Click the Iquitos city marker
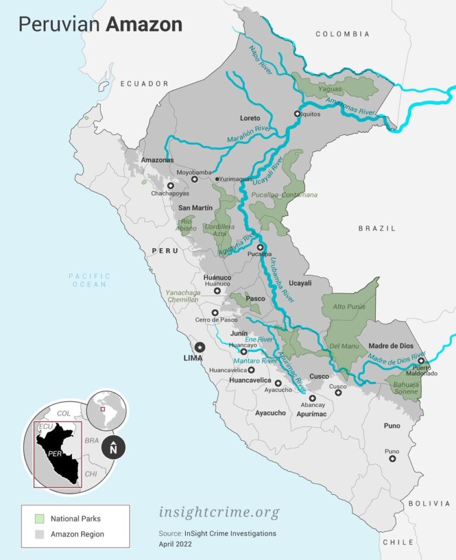click(x=297, y=113)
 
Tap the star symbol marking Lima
click(x=200, y=347)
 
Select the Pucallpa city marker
click(x=260, y=247)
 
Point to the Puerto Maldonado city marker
click(x=420, y=360)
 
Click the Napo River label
click(x=259, y=60)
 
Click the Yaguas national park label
click(x=331, y=89)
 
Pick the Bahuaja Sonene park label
click(x=406, y=388)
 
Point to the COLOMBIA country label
click(x=343, y=34)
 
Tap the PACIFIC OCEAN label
click(x=90, y=280)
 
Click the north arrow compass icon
click(x=113, y=448)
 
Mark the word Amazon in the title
click(x=144, y=24)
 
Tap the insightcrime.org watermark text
click(x=218, y=512)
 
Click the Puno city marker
click(x=392, y=459)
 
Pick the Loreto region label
click(x=250, y=118)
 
